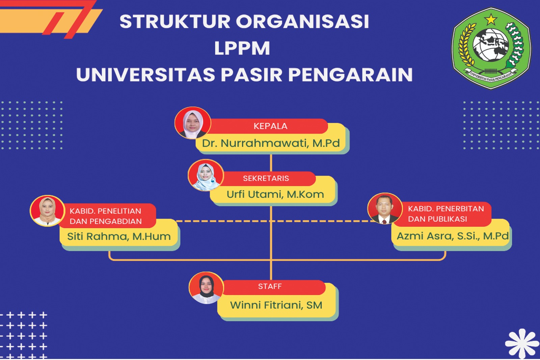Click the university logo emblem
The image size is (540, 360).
(491, 48)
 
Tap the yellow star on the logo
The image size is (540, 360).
(491, 19)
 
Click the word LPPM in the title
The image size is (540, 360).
(242, 48)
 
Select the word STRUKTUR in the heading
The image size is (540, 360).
(175, 22)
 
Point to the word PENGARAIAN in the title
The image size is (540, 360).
(350, 75)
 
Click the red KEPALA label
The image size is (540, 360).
(270, 126)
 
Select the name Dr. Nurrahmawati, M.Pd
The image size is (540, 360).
(271, 143)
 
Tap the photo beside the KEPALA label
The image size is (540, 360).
(193, 123)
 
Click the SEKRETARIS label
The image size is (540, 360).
(266, 178)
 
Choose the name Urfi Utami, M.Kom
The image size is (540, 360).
(275, 195)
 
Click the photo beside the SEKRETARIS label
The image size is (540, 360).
(206, 175)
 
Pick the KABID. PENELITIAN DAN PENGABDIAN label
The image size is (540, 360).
(106, 216)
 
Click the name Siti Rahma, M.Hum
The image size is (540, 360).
(119, 236)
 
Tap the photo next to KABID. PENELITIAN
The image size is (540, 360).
(47, 211)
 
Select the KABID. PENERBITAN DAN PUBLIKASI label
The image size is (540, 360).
(446, 214)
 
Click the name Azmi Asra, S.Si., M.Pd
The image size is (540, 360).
(452, 236)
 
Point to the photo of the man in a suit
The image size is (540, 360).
(385, 209)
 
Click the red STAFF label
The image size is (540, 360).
(270, 286)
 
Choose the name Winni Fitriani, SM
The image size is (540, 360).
(276, 305)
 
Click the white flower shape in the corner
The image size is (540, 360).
(522, 343)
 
